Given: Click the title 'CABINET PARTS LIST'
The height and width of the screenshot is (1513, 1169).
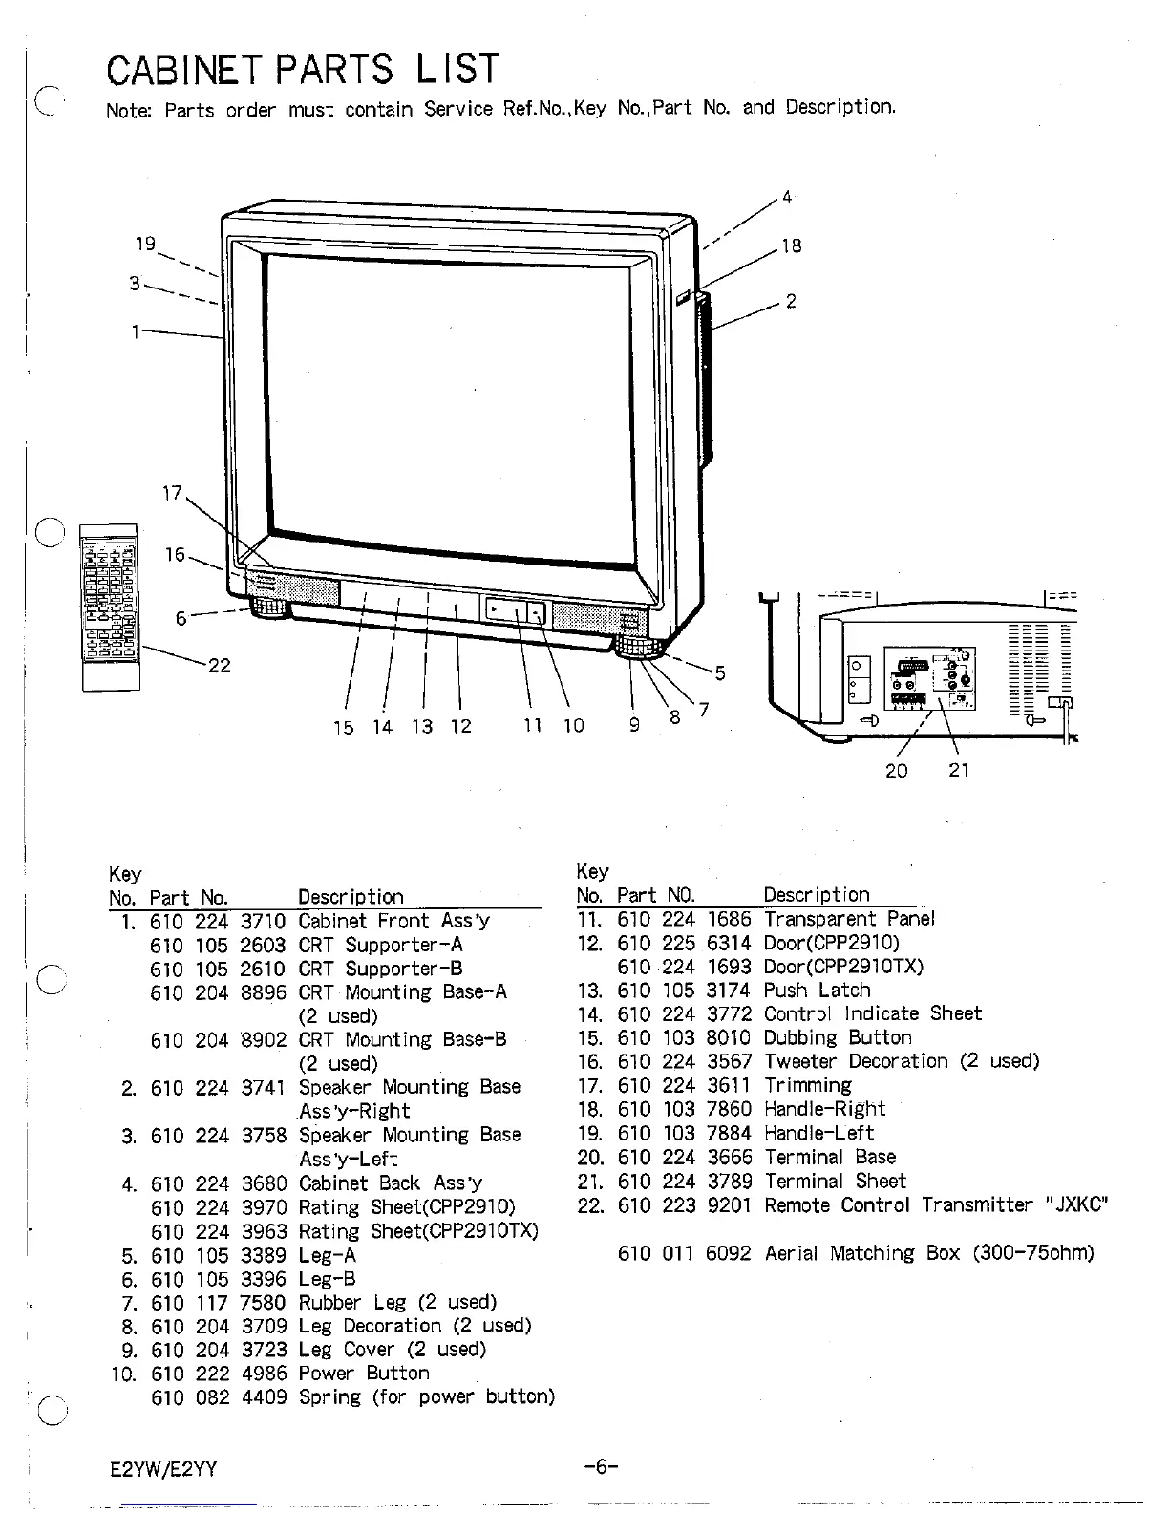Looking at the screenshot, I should pos(303,69).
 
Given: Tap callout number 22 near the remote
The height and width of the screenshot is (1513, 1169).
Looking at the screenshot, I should pos(220,666).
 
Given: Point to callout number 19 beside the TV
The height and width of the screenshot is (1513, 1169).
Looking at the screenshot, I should pos(145,244).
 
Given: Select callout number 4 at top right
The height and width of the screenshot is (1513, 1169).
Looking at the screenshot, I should pos(787,198).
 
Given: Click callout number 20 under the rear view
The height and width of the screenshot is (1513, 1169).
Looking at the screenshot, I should pos(896,771).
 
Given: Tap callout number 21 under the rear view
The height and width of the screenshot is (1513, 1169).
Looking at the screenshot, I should pos(959,770).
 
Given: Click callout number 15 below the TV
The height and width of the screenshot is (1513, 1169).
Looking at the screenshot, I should pos(343,727).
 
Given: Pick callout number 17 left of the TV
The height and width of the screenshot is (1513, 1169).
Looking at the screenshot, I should pos(172,493).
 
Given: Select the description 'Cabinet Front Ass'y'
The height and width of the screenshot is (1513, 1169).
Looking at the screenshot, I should pos(393,921).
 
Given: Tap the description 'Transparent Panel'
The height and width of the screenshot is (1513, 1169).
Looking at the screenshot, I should pos(849,919).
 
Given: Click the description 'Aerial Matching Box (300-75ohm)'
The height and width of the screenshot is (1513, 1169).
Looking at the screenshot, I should pos(929,1252).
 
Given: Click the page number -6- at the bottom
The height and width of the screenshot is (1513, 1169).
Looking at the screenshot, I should pos(600,1467).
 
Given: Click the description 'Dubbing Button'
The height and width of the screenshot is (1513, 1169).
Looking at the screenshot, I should pos(838,1037).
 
